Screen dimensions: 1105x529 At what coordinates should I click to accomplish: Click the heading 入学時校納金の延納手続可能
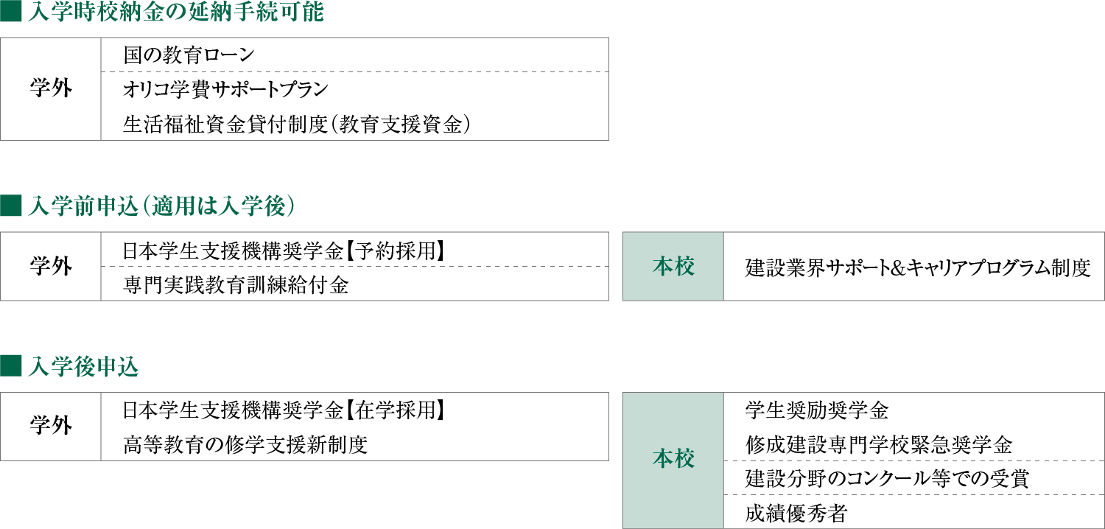(x=176, y=11)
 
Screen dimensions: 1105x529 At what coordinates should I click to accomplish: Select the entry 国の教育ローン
(x=189, y=55)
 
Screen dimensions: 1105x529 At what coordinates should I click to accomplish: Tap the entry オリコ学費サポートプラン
(x=225, y=89)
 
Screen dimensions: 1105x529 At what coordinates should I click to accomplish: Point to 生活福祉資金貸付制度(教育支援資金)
(x=296, y=125)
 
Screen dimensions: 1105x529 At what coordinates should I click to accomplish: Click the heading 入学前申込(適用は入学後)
(x=162, y=206)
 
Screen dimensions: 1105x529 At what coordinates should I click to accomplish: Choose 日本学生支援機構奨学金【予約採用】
(x=284, y=251)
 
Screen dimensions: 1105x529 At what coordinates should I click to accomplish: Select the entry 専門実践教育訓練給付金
(x=236, y=285)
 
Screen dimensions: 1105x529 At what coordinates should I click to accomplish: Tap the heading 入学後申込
(x=83, y=367)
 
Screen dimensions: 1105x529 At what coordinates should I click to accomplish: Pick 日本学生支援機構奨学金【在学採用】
(x=284, y=410)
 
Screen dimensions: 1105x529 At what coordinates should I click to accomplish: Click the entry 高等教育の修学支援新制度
(x=245, y=445)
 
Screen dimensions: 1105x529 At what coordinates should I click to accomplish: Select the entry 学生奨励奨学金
(x=817, y=410)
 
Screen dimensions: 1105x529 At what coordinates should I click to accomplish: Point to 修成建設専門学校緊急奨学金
(x=879, y=445)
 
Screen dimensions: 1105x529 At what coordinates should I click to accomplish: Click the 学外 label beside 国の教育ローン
(x=51, y=89)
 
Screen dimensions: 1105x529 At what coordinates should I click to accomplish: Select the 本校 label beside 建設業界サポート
(x=673, y=267)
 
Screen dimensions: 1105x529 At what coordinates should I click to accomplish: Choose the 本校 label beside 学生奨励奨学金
(x=673, y=460)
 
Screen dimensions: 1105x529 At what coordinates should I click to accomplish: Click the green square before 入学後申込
(x=11, y=366)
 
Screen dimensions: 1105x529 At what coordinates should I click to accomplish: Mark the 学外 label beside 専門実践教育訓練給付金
(x=51, y=267)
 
